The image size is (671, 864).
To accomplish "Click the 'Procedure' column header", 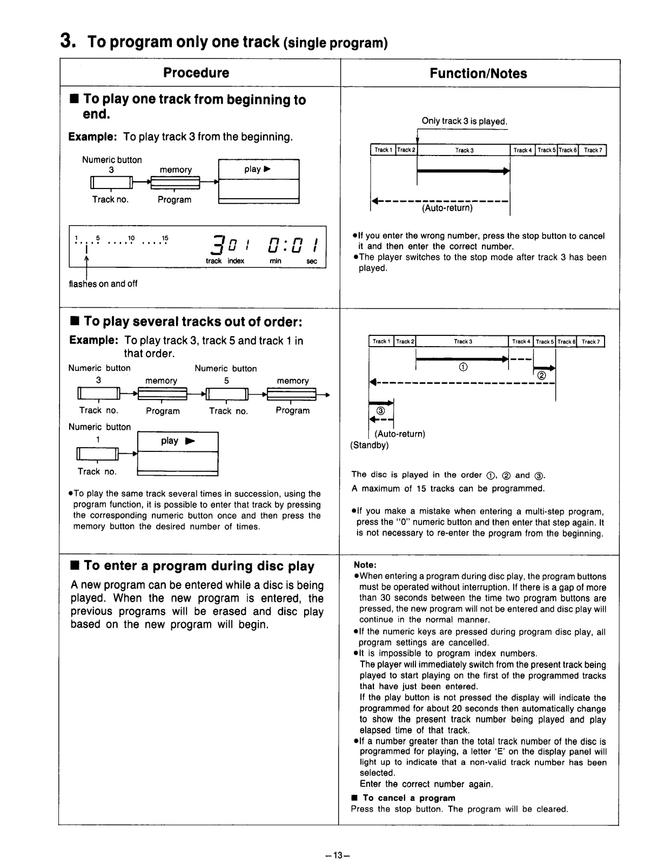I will coord(196,73).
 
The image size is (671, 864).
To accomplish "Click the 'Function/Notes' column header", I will coord(478,74).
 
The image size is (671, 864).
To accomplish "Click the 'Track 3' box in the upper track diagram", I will coord(464,150).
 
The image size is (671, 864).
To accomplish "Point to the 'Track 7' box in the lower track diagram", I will coord(591,341).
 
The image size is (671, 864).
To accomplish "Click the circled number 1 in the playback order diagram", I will coord(462,367).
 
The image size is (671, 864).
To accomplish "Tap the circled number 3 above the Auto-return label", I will coord(380,410).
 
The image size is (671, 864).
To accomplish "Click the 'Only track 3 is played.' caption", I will coord(464,121).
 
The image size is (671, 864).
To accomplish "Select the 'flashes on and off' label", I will coord(103,283).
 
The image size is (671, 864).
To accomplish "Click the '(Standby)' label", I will coord(369,445).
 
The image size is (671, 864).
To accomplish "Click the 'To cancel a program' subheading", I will coord(408,798).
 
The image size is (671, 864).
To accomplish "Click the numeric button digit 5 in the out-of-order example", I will coord(226,380).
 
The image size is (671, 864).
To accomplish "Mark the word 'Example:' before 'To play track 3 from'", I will coord(92,137).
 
